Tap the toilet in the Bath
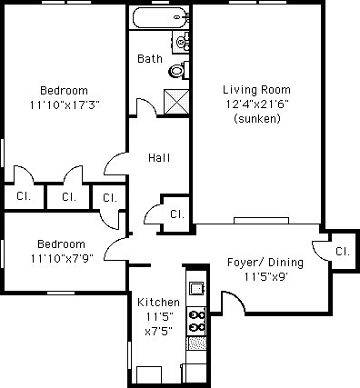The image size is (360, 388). click(x=179, y=71)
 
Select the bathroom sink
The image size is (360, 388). click(x=181, y=42)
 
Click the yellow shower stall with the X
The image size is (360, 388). click(x=176, y=102)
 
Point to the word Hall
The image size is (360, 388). click(x=159, y=158)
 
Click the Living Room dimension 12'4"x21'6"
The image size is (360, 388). click(x=257, y=104)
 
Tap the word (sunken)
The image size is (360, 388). click(x=257, y=118)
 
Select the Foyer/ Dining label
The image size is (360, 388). click(x=265, y=263)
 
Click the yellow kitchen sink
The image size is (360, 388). click(x=196, y=288)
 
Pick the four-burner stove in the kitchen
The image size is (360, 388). click(x=196, y=322)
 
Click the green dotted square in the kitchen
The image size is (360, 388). click(x=196, y=343)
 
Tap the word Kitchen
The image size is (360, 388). click(x=158, y=303)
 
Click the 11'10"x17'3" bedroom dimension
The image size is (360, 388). click(x=65, y=105)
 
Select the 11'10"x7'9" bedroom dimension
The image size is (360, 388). click(x=62, y=259)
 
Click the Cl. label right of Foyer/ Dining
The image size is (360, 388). click(x=343, y=252)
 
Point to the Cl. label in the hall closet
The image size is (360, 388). click(x=177, y=214)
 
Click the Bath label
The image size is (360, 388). click(x=150, y=58)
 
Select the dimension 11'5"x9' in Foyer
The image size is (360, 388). click(x=265, y=277)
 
